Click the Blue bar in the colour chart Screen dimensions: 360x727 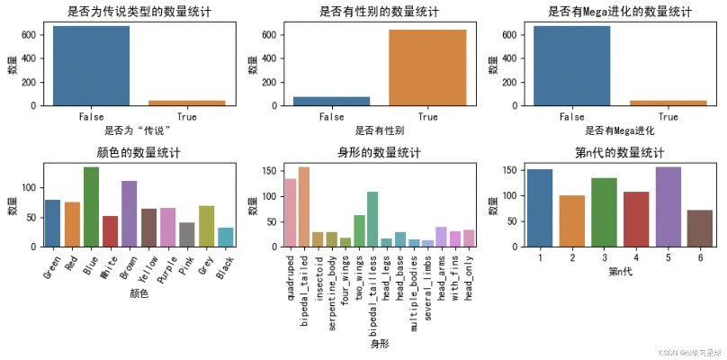[91, 207]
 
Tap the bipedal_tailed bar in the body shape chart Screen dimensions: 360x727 [303, 207]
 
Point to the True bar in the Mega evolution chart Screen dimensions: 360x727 [668, 103]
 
